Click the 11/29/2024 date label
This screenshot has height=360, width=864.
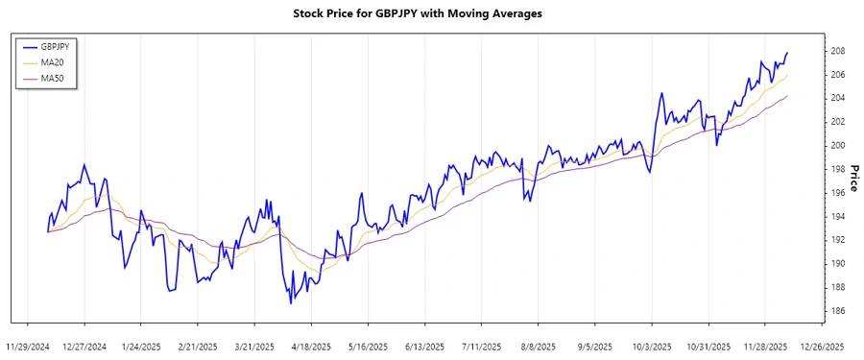28,346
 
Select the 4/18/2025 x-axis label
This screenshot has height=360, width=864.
310,346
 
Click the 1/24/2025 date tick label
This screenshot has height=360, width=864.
141,346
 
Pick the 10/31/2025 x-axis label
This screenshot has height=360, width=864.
707,346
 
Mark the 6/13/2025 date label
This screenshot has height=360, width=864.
424,346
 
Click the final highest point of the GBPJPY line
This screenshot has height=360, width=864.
787,53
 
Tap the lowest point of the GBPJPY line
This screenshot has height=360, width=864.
290,303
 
